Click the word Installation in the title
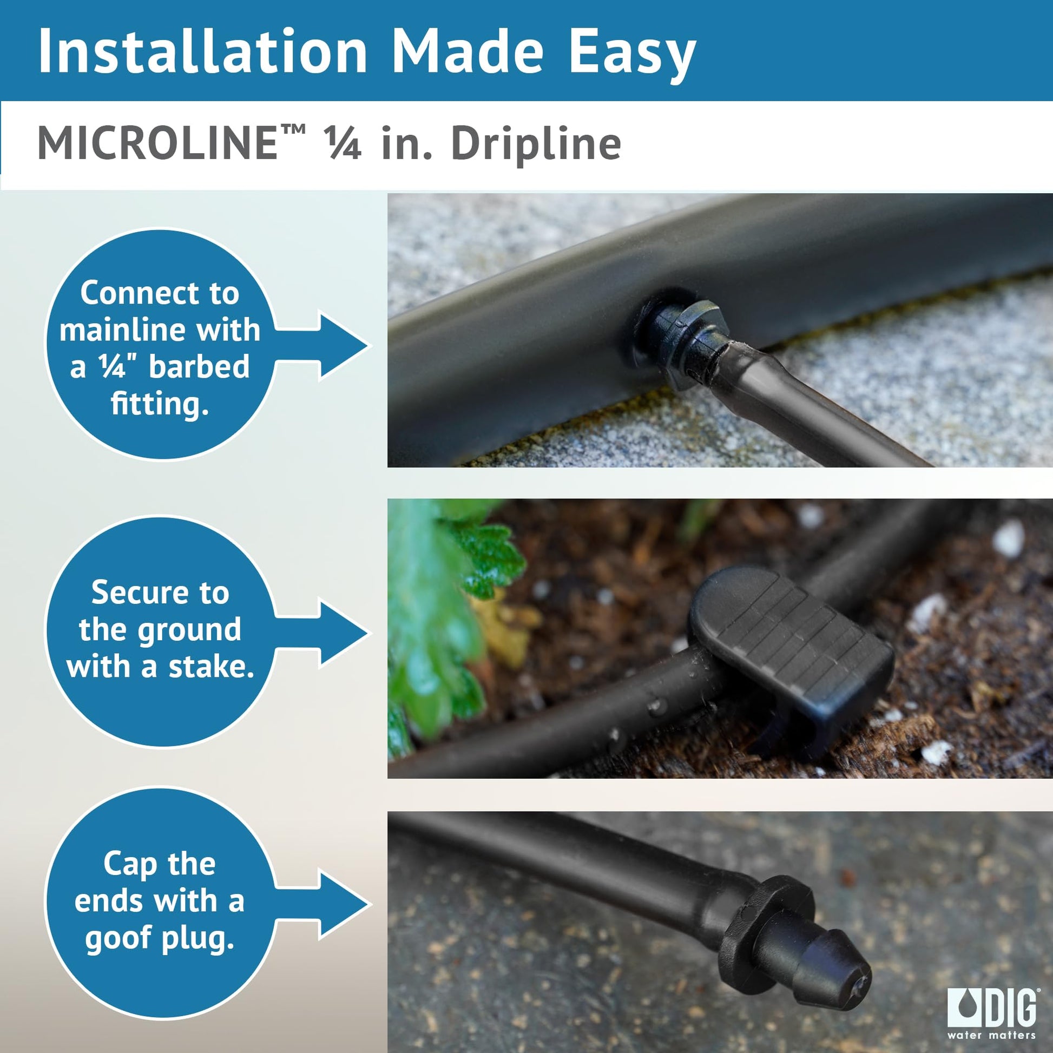(203, 51)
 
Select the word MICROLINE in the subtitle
(157, 143)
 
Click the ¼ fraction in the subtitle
(343, 143)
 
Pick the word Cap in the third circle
(130, 864)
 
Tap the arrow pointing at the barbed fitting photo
(321, 346)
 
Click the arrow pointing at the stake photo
(321, 634)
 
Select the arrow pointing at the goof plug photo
(321, 905)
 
